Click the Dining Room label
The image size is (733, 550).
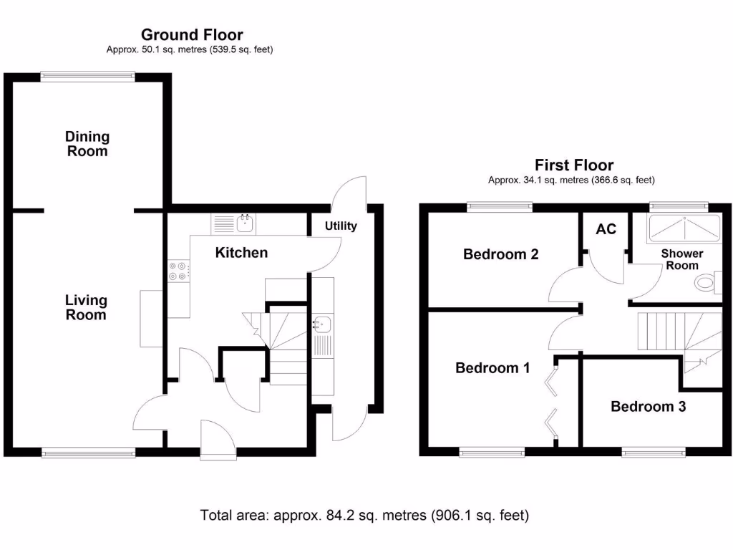[87, 144]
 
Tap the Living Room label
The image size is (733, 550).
[86, 308]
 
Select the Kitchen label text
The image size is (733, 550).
[242, 252]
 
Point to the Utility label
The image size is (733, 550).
[341, 226]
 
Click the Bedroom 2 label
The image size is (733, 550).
[501, 254]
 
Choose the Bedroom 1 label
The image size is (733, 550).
[493, 368]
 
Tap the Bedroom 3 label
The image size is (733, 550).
[648, 407]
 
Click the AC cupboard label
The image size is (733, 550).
[606, 229]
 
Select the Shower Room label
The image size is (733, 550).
[681, 259]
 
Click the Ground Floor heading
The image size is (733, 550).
[192, 34]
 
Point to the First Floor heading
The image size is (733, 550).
[574, 165]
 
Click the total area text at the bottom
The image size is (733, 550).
[364, 514]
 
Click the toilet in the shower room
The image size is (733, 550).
[708, 283]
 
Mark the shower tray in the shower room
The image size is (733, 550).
[683, 229]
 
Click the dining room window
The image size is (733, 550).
[87, 74]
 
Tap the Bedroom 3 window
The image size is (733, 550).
[653, 453]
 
